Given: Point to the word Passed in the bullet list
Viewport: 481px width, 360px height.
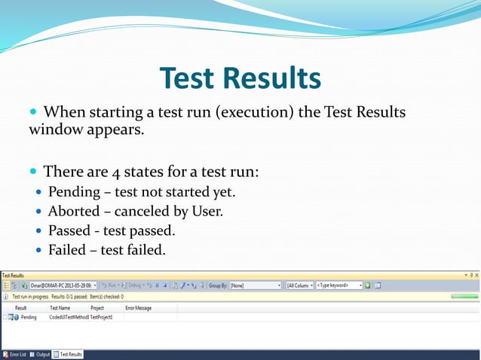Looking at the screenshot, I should click(69, 230).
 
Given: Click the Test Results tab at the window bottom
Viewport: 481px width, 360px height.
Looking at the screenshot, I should click(69, 354).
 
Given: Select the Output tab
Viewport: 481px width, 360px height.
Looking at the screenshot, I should click(41, 354).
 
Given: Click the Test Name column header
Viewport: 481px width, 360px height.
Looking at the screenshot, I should click(60, 308).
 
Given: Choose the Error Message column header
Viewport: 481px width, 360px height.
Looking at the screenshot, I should click(138, 308).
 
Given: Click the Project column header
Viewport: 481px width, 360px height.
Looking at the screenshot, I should click(97, 308).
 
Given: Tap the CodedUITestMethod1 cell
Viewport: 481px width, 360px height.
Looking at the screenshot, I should click(69, 317).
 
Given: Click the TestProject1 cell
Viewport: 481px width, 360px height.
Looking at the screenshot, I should click(102, 317).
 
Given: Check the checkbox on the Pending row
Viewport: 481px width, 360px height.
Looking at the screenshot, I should click(4, 317).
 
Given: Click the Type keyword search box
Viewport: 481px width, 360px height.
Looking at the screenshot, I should click(338, 285).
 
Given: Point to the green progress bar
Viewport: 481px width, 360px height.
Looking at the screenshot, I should click(464, 297).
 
